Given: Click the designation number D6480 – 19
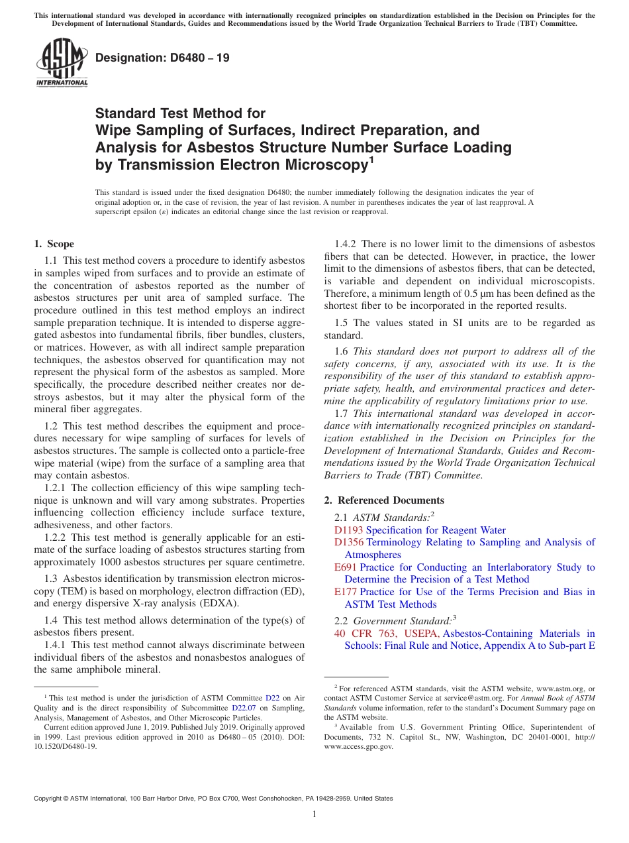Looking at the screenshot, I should click(x=163, y=58).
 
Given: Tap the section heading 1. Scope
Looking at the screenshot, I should click(x=54, y=244).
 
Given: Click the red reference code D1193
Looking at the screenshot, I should click(x=349, y=530).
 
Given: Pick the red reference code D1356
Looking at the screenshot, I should click(x=349, y=542).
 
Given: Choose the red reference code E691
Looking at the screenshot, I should click(x=346, y=567).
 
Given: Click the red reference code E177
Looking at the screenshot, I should click(x=346, y=592).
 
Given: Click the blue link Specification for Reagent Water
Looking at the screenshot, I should click(x=436, y=530).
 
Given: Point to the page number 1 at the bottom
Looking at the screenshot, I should click(x=314, y=814).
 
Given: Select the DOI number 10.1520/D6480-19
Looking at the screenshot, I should click(x=65, y=746).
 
